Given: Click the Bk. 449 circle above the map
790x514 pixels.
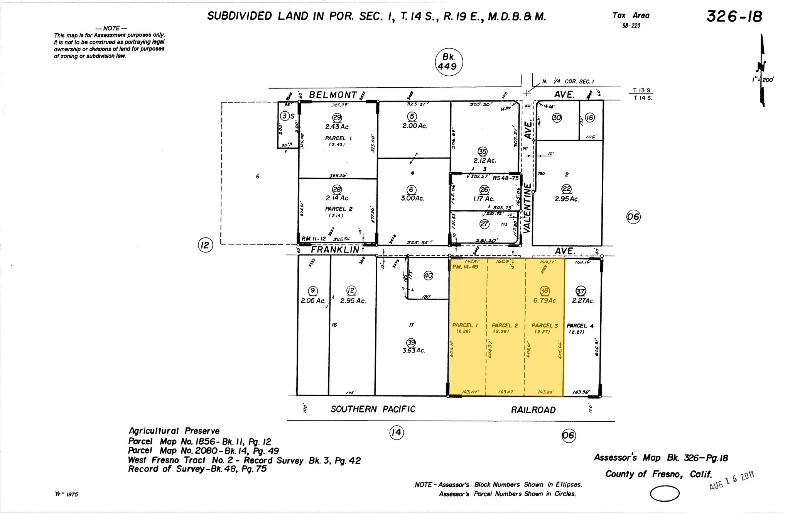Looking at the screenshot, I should click(449, 62).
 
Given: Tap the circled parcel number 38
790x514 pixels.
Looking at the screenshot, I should click(544, 291).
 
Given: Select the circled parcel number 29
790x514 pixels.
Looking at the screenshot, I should click(337, 117).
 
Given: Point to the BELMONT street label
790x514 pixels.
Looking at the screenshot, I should click(333, 95).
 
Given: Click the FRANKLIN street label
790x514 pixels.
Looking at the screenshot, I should click(335, 250).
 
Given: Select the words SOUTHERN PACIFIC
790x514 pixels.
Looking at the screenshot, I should click(373, 409).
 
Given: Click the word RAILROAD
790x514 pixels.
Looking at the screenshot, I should click(533, 410).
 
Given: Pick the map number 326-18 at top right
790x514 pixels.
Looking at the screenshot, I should click(734, 17).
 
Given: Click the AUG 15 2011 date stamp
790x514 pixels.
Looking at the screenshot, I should click(731, 481).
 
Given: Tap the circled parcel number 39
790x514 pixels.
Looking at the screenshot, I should click(411, 342).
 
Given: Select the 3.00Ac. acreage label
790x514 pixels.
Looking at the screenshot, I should click(412, 198).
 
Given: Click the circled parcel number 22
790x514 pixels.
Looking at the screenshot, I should click(566, 189).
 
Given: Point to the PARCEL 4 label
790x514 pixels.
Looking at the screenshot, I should click(580, 326).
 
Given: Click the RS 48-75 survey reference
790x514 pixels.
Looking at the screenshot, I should click(506, 178).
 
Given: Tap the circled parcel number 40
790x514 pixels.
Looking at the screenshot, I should click(428, 275).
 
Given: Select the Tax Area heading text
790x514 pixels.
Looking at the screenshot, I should click(631, 16).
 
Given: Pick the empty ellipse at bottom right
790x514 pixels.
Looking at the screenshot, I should click(665, 494).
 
